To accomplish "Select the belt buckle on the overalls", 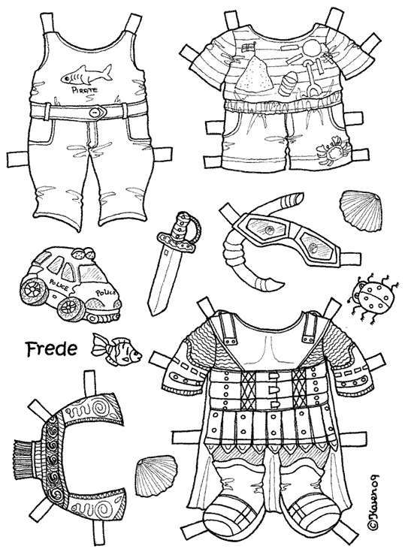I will coord(98,113).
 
